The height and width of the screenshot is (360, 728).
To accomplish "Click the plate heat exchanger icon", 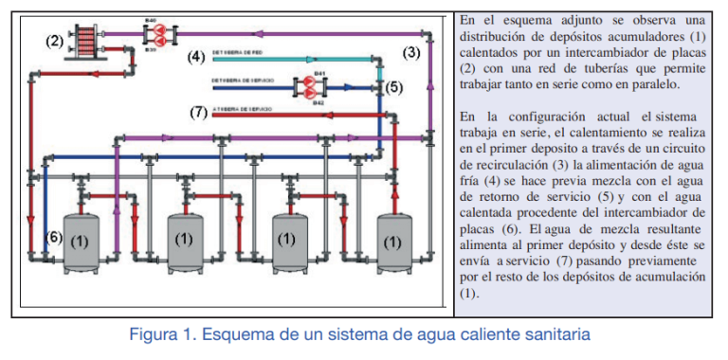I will coord(89,42).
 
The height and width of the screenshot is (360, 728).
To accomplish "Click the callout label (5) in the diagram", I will coord(394,86).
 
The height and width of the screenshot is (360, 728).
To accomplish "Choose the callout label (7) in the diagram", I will coord(198,112).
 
